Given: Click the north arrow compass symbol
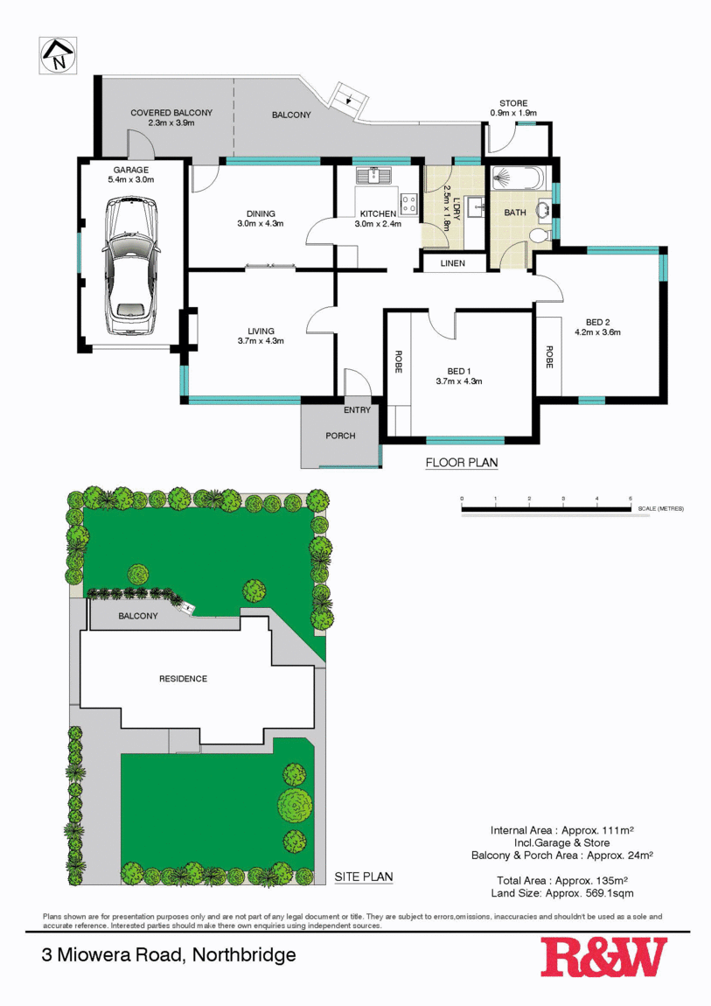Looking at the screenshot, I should tap(59, 55).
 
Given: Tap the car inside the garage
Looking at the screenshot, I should tap(131, 268).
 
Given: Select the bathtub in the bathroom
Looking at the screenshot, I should tap(517, 178).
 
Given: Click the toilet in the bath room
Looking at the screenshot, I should tap(538, 235).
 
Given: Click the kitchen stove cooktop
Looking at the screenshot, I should tap(408, 204).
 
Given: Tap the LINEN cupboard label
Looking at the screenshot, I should tap(452, 263).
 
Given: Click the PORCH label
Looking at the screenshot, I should tap(340, 436).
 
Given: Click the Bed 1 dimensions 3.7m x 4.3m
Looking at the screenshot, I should tap(459, 381).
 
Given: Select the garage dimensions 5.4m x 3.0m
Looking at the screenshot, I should tap(131, 179).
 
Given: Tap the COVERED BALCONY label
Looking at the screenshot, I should tap(171, 113).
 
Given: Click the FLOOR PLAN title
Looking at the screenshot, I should tap(461, 463).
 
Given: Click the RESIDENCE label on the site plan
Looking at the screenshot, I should tap(183, 679).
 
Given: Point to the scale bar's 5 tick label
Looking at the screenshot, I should tap(630, 499).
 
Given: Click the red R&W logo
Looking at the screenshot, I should tap(603, 957).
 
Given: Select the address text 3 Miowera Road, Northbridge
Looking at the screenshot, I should tap(169, 955).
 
